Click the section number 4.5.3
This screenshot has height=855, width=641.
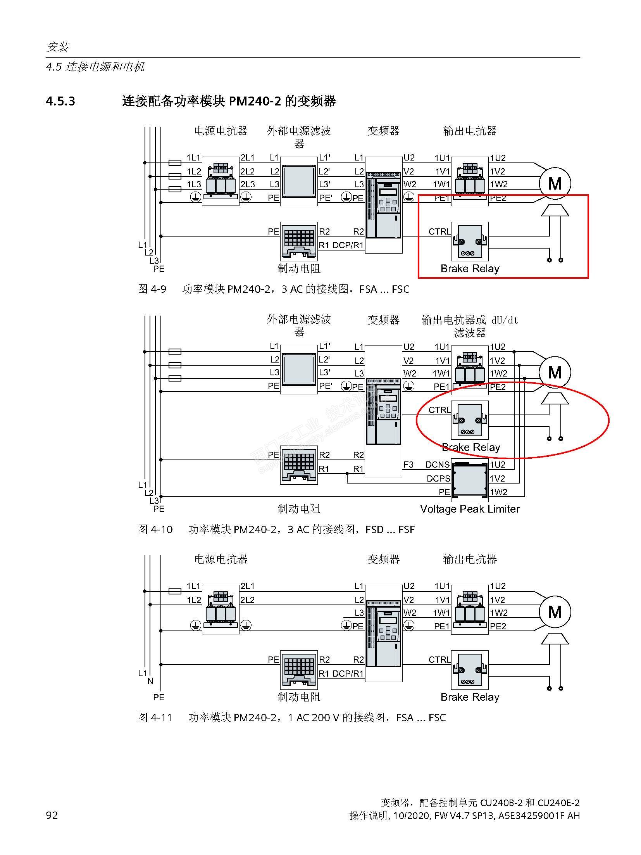(x=60, y=102)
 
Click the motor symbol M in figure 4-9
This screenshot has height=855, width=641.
(x=555, y=183)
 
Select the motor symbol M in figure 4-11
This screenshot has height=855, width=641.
(x=555, y=612)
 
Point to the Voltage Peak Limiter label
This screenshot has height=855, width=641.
(x=470, y=509)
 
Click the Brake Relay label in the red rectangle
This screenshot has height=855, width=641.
(x=470, y=269)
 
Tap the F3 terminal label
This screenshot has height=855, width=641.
(x=408, y=465)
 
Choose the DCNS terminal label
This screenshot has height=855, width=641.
(x=438, y=465)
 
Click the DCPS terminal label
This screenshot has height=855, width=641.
(x=438, y=478)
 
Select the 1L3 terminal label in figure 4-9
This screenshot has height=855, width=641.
(x=194, y=184)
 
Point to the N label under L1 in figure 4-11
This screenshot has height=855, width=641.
(x=150, y=681)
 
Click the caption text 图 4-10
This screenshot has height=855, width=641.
(x=155, y=530)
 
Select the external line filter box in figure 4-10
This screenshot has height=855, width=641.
(x=299, y=369)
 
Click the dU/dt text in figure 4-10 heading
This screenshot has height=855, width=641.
(x=505, y=320)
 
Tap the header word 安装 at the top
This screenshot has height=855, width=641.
(x=58, y=47)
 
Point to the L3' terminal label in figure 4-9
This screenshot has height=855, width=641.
(x=325, y=184)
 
